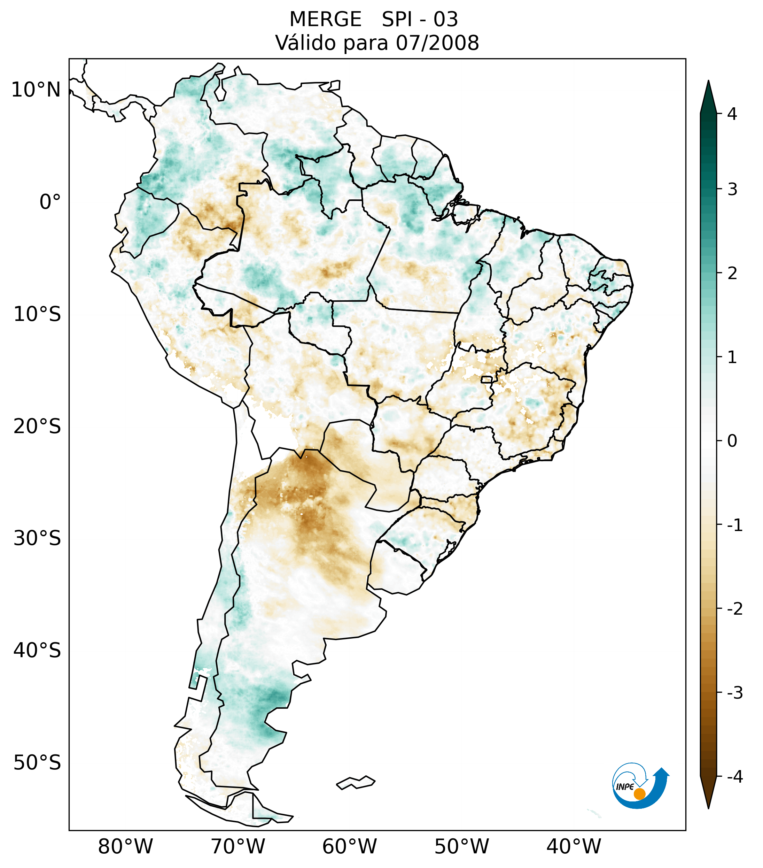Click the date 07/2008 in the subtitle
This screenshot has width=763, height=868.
437,43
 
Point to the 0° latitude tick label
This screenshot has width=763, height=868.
50,202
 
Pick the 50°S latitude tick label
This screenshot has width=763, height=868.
37,763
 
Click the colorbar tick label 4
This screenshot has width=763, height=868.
732,114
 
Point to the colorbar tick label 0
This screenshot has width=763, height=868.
732,441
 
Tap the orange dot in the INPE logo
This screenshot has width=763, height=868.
639,794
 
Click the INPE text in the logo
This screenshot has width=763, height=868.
625,787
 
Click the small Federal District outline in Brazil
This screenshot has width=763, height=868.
487,379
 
